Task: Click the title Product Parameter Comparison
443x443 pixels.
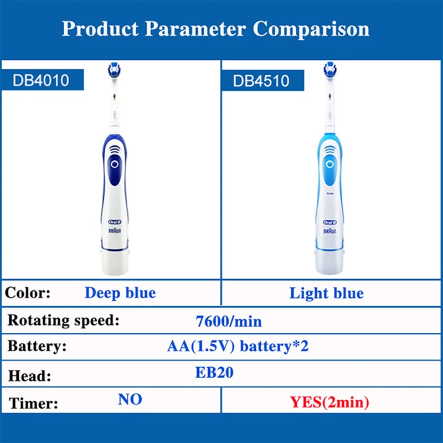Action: (215, 28)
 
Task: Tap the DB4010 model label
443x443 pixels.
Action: (41, 81)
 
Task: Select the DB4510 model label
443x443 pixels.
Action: (261, 81)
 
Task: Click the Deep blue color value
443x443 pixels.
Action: (120, 292)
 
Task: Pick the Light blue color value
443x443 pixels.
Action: (327, 293)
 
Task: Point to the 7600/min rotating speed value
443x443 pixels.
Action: (229, 321)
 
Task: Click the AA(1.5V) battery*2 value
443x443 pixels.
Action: (238, 347)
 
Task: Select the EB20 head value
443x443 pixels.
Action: (214, 373)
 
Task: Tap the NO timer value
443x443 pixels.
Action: (130, 399)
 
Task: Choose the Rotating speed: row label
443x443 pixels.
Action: (62, 321)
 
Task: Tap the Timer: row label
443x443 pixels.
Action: (33, 403)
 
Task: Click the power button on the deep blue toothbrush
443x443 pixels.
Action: (114, 164)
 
